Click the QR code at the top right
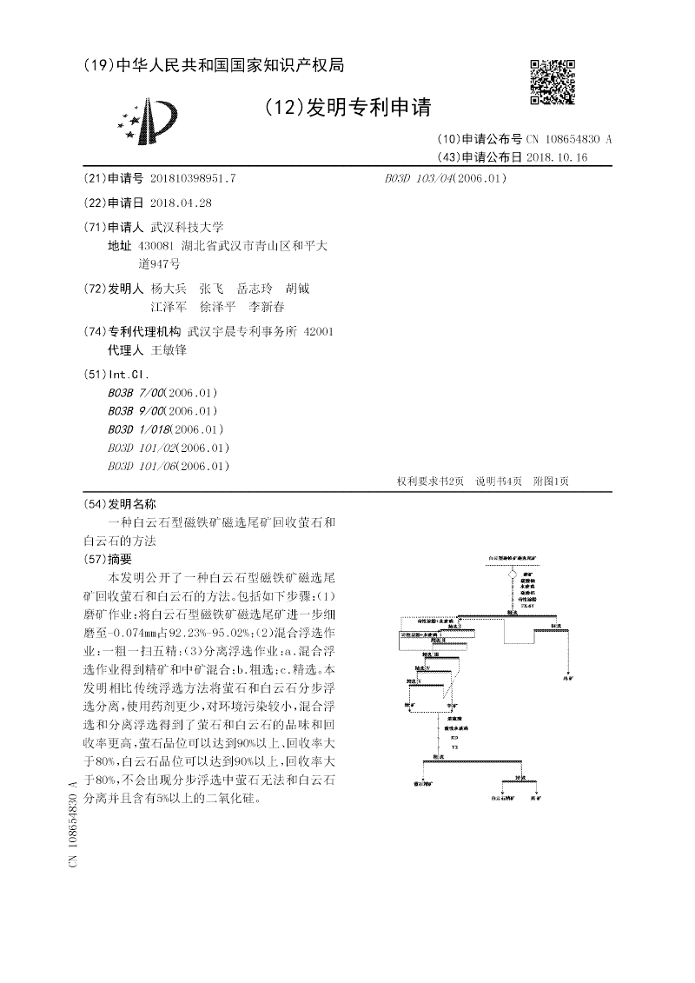(553, 83)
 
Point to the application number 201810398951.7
(193, 178)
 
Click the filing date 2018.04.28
(181, 203)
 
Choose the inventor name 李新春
(267, 307)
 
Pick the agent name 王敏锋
(169, 350)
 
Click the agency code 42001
(317, 331)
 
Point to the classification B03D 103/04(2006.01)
(445, 178)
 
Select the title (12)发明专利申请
(347, 108)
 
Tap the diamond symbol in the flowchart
(513, 573)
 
